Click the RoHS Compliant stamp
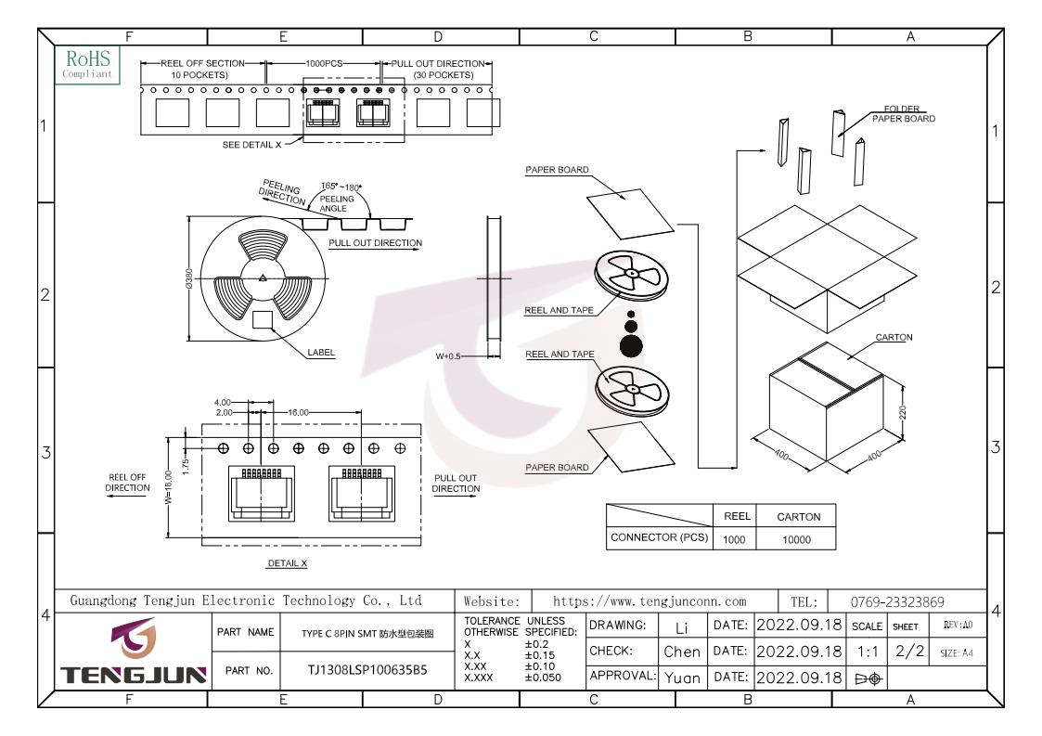[88, 64]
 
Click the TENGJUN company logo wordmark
[135, 675]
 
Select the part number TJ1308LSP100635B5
[367, 669]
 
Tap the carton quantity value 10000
[797, 539]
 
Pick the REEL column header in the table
[737, 516]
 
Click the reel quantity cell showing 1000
[734, 539]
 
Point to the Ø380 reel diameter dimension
[188, 278]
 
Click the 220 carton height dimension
[903, 412]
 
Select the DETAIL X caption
[287, 563]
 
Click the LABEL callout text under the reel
[321, 353]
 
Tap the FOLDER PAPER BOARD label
[903, 113]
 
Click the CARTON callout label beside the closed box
[894, 337]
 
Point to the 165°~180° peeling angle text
[341, 187]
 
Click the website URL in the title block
[650, 601]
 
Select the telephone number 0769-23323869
[897, 601]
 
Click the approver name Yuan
[682, 678]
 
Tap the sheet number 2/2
[909, 651]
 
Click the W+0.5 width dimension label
[448, 355]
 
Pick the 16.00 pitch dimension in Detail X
[298, 412]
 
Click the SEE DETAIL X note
[251, 144]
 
